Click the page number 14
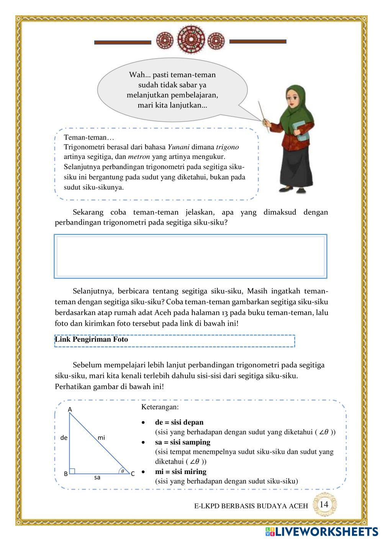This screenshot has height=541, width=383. click(324, 504)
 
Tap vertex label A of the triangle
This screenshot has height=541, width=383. click(70, 410)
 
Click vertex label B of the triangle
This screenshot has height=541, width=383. click(66, 474)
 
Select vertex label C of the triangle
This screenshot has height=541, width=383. click(133, 474)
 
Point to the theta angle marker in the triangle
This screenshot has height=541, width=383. click(123, 471)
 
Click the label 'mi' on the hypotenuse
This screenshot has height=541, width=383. click(101, 437)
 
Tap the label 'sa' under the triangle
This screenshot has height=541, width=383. click(97, 477)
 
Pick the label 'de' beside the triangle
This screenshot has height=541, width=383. click(64, 437)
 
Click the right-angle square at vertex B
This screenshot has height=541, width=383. click(72, 471)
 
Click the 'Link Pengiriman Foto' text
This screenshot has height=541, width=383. click(92, 339)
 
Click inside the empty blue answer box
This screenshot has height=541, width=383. click(190, 256)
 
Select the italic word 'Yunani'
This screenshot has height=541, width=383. click(178, 147)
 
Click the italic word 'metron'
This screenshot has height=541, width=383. click(139, 157)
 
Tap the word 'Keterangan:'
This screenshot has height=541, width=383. click(160, 407)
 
